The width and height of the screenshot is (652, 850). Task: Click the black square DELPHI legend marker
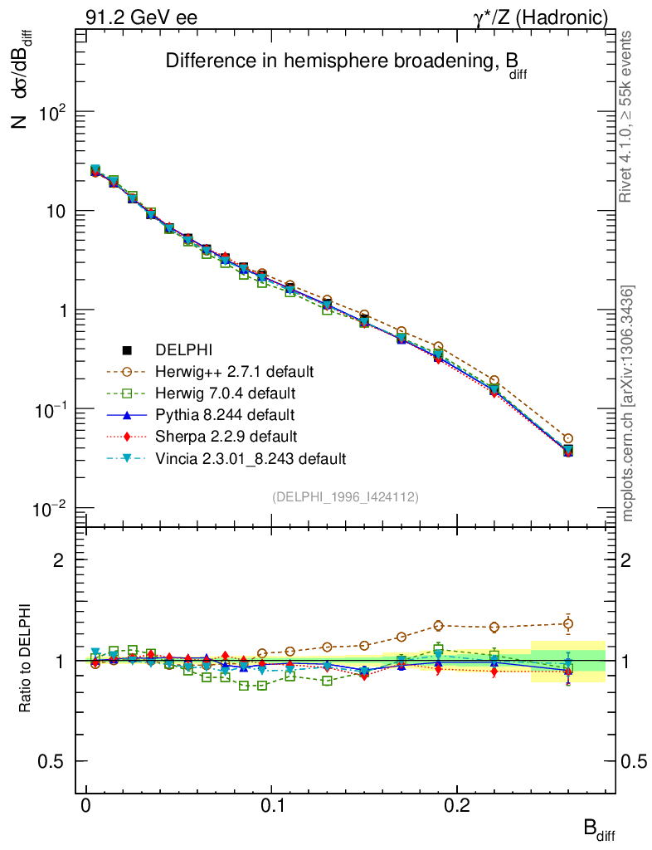[x=127, y=349]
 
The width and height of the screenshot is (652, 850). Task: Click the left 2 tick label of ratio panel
[x=59, y=560]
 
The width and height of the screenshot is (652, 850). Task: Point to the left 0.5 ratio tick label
[x=52, y=761]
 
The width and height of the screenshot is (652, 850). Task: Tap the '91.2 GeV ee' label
[x=141, y=17]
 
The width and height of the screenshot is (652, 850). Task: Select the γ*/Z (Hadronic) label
[x=546, y=17]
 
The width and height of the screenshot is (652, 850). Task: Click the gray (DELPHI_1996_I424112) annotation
[x=344, y=496]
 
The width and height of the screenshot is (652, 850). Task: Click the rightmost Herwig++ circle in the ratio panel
[x=568, y=623]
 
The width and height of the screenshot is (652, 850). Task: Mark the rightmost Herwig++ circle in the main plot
[x=568, y=438]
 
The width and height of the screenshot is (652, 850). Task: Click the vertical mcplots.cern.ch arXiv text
[x=628, y=404]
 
